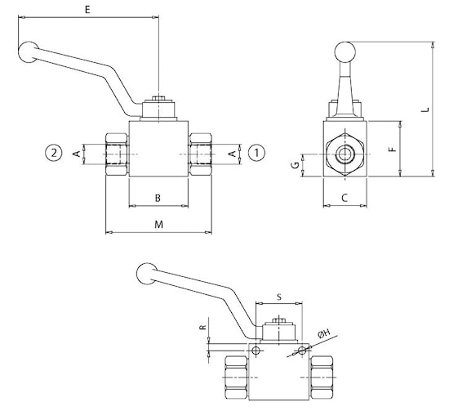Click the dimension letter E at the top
[87, 10]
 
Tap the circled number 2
[54, 153]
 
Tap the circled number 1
[256, 153]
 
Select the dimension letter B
[158, 198]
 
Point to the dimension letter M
[158, 225]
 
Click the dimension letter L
[426, 109]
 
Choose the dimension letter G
[296, 165]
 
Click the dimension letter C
[345, 198]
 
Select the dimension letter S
[279, 297]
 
